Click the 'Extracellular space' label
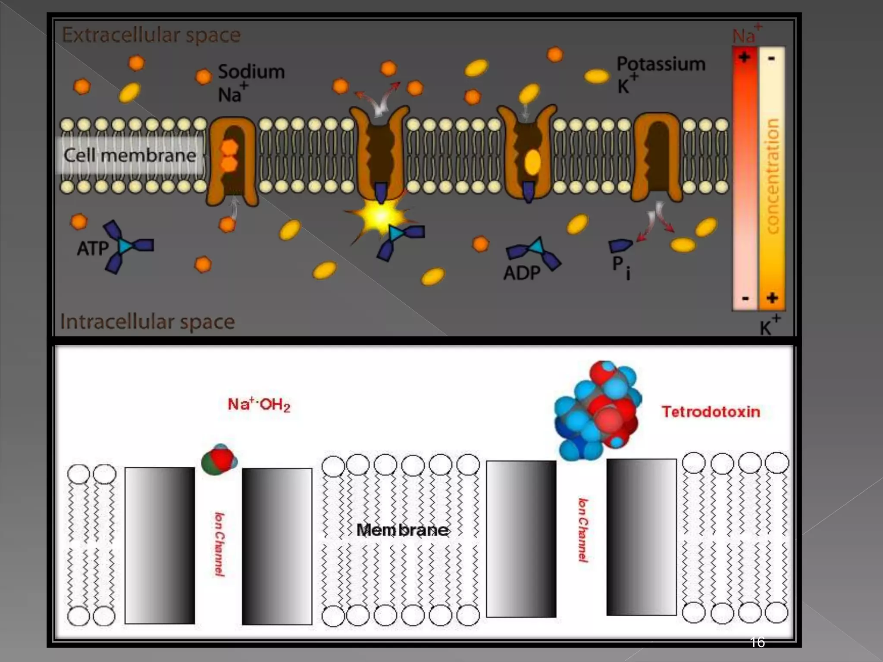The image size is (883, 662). pyautogui.click(x=151, y=35)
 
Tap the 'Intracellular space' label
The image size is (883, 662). pyautogui.click(x=147, y=322)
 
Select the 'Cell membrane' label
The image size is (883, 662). pyautogui.click(x=130, y=155)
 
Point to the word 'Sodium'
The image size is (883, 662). pyautogui.click(x=251, y=72)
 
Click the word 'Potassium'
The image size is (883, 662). pyautogui.click(x=661, y=64)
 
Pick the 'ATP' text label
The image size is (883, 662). pyautogui.click(x=93, y=248)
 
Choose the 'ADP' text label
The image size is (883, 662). pyautogui.click(x=522, y=272)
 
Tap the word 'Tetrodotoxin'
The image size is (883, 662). pyautogui.click(x=711, y=412)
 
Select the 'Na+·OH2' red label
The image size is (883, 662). pyautogui.click(x=259, y=404)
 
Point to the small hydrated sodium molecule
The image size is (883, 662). pyautogui.click(x=219, y=459)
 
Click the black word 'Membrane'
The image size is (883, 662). pyautogui.click(x=402, y=530)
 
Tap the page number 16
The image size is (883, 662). pyautogui.click(x=758, y=642)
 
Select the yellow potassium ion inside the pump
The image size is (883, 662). pyautogui.click(x=533, y=162)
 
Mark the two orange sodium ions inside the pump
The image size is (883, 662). pyautogui.click(x=229, y=155)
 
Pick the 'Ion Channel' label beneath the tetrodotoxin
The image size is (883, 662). pyautogui.click(x=583, y=530)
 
